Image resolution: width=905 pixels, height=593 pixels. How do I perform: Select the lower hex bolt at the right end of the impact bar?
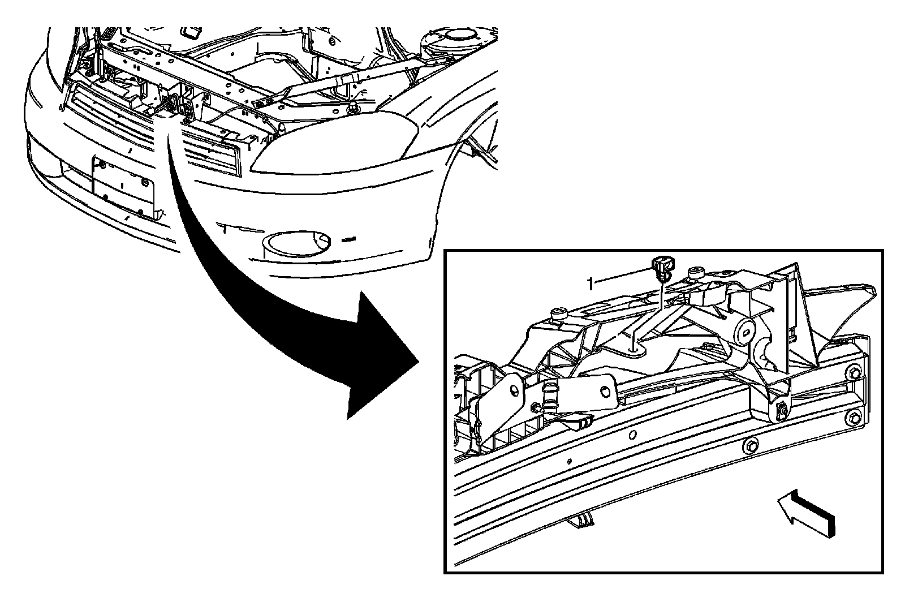[854, 418]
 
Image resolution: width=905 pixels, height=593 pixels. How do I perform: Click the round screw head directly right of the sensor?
[694, 275]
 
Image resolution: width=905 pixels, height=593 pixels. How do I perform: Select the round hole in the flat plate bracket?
[606, 392]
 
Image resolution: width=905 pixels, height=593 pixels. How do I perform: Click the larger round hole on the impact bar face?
[632, 435]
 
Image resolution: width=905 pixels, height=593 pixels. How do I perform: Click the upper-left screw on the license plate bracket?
[102, 165]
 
